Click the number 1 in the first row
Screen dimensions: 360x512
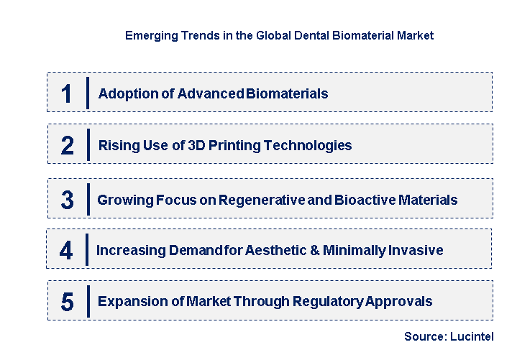[67, 93]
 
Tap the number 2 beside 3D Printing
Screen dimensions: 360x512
[68, 146]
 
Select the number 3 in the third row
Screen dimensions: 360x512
[67, 200]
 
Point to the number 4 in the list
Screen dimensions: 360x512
[66, 251]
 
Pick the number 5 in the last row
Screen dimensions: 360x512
[67, 302]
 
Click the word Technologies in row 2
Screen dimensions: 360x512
[308, 146]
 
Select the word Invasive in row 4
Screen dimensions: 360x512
[417, 251]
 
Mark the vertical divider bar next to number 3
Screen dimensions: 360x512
[88, 199]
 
